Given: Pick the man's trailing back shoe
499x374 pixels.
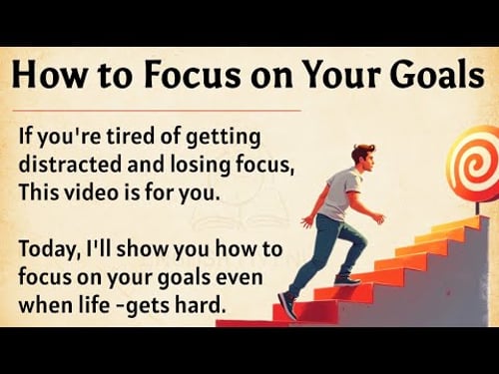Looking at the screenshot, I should [x=287, y=305].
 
